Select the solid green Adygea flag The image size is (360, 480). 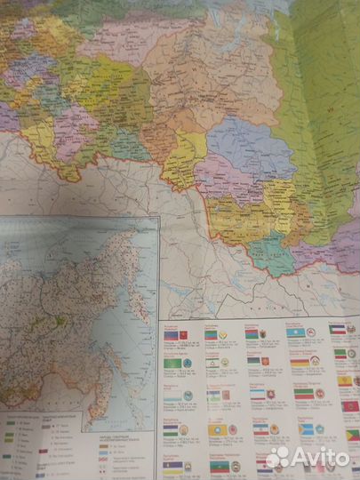click(173, 363)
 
